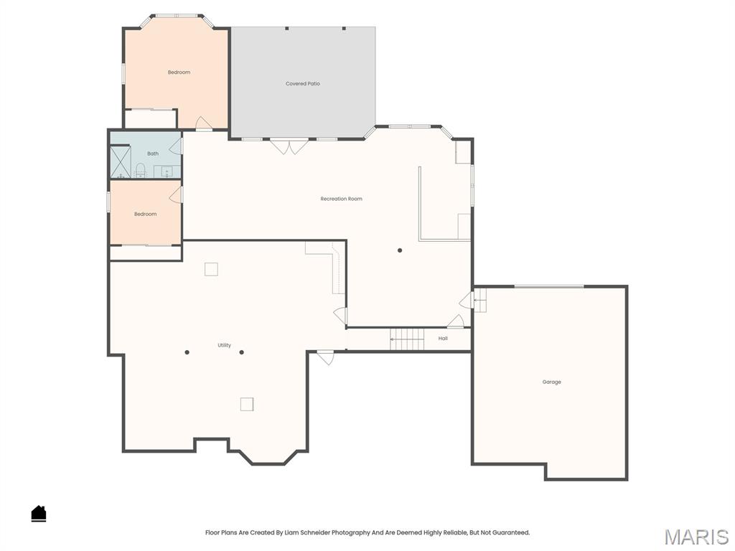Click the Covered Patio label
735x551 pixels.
(303, 84)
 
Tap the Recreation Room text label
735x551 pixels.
(341, 199)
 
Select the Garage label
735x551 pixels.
(551, 382)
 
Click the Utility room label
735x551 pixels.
(225, 346)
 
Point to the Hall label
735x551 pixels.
(443, 339)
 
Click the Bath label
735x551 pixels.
(153, 154)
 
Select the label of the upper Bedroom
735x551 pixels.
(179, 72)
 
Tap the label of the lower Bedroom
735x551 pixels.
(145, 214)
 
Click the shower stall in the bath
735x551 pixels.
(120, 161)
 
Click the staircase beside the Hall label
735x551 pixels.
(407, 339)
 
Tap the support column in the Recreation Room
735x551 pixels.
(400, 250)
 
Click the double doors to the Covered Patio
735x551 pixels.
(289, 146)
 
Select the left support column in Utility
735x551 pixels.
(187, 352)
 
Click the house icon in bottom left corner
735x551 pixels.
(39, 513)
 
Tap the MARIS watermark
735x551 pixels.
(696, 537)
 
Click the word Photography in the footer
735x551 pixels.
(350, 533)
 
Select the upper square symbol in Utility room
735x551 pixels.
(211, 269)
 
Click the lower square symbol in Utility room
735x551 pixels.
(247, 405)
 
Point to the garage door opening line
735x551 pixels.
(549, 287)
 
